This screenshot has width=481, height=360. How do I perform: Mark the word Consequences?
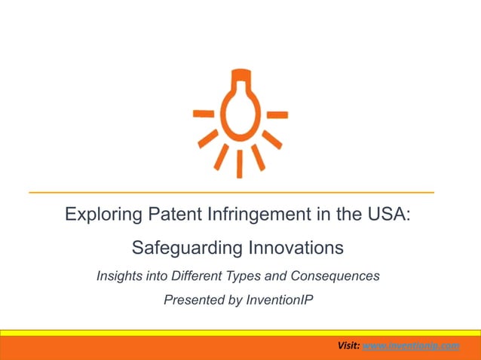click(x=338, y=276)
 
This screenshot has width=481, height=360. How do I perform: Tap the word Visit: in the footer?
click(x=349, y=345)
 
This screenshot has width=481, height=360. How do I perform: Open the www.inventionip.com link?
click(x=411, y=345)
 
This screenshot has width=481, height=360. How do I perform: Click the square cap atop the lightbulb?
click(x=240, y=76)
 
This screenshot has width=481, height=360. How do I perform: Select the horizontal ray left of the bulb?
click(x=203, y=114)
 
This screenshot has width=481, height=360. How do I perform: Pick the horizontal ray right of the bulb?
click(x=277, y=114)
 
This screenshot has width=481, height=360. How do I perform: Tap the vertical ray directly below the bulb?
click(x=240, y=163)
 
